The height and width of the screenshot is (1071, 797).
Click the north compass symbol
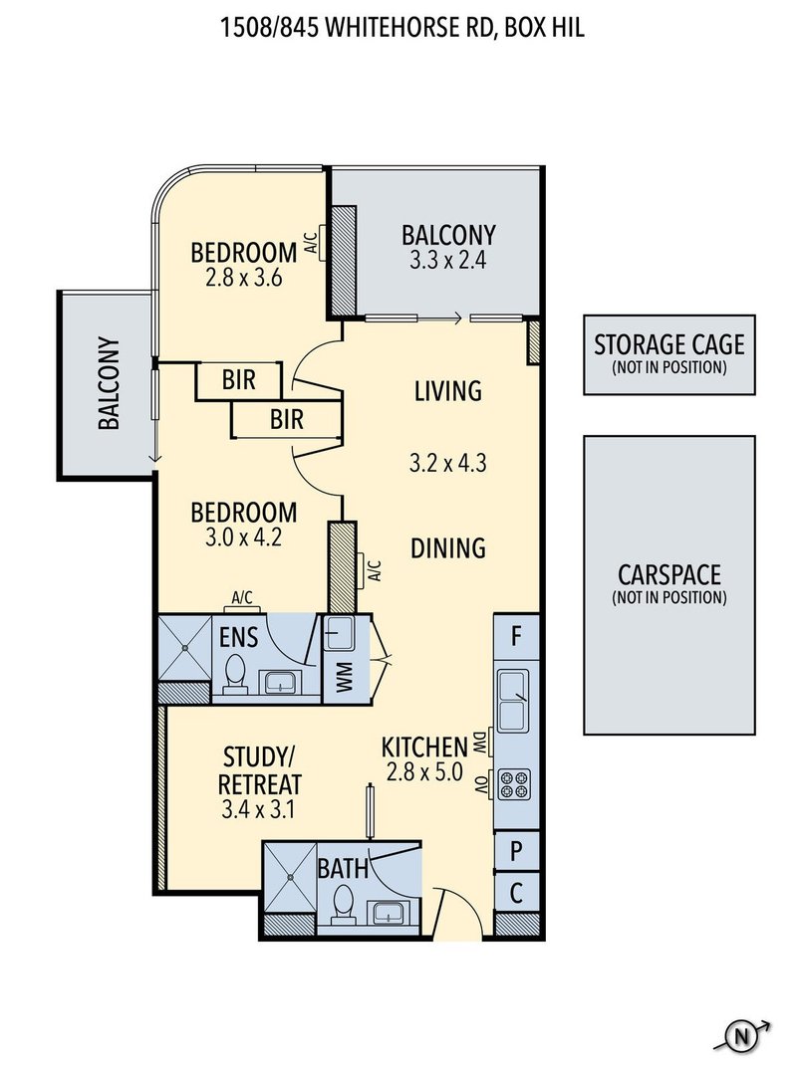(741, 1037)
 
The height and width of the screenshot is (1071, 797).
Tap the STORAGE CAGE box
(669, 354)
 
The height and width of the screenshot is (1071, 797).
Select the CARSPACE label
(669, 574)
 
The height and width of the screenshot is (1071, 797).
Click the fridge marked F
(517, 637)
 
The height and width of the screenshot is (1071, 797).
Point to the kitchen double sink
(513, 700)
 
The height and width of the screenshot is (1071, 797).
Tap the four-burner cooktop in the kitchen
(514, 783)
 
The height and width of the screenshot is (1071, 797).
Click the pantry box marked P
(517, 851)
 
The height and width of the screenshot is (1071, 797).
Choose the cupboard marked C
(517, 892)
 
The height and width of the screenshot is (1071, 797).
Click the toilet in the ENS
(234, 674)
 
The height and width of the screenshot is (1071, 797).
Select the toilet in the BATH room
(342, 905)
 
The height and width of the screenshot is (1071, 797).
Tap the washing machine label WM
(343, 676)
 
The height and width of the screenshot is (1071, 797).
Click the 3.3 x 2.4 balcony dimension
(447, 260)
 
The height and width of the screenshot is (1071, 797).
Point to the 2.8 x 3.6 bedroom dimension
(243, 278)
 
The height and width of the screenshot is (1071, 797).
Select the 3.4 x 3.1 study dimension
(258, 810)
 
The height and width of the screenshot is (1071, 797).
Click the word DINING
(447, 547)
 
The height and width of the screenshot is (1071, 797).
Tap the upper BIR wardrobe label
(238, 379)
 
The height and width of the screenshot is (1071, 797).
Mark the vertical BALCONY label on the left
(109, 383)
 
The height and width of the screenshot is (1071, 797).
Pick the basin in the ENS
(279, 682)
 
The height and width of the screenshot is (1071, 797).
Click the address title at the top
(401, 28)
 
